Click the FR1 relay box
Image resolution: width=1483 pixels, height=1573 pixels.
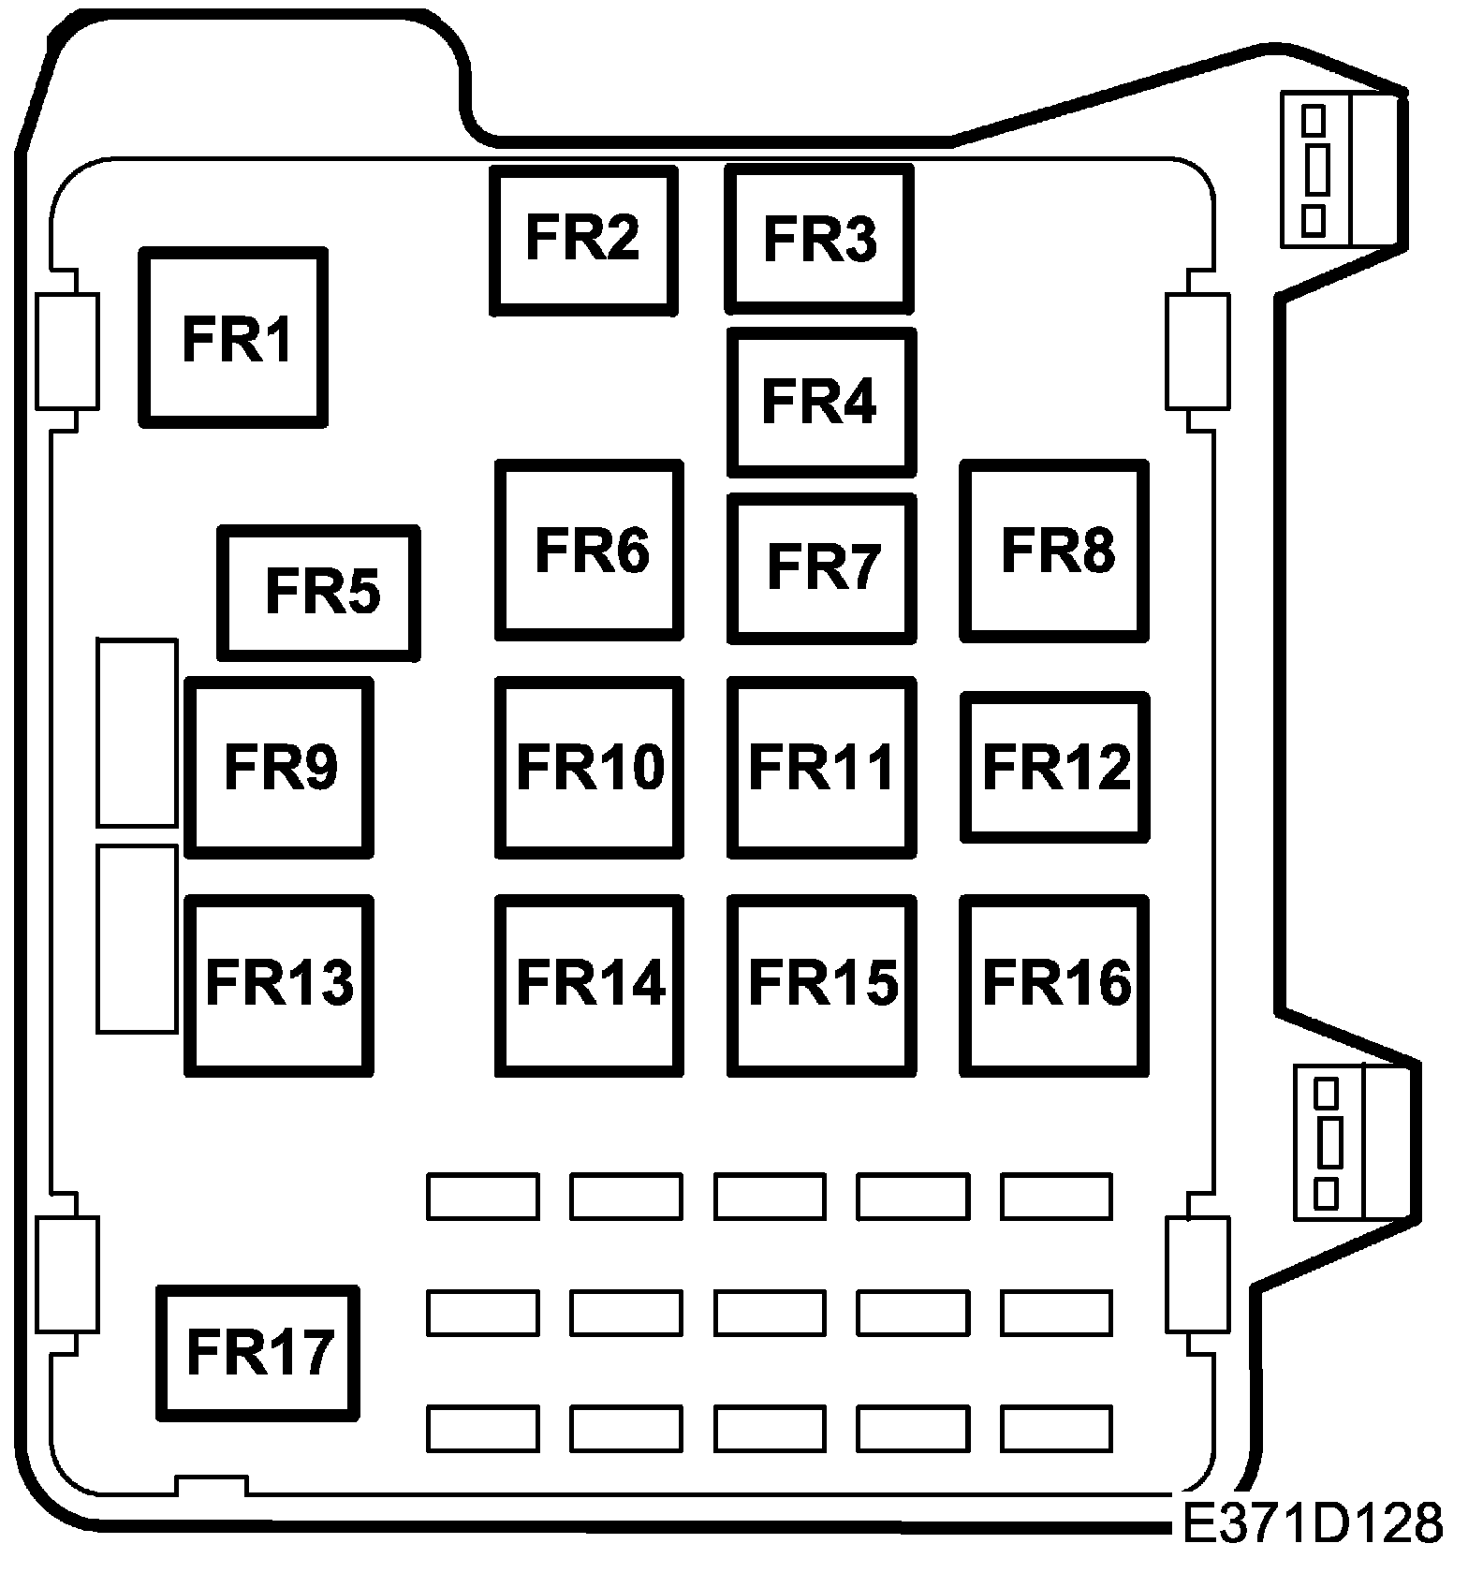click(x=233, y=338)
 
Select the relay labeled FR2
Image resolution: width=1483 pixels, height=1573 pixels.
click(x=583, y=240)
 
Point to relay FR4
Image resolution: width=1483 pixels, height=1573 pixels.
click(x=821, y=402)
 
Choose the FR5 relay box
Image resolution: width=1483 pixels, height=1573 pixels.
click(x=318, y=592)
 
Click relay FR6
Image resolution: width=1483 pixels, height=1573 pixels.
click(x=589, y=551)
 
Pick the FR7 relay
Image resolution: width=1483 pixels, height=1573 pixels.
click(x=821, y=567)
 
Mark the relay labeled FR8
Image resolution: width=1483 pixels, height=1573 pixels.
click(x=1054, y=551)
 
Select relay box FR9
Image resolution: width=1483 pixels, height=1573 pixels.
click(x=279, y=767)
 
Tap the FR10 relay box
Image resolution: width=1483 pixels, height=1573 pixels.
click(x=589, y=767)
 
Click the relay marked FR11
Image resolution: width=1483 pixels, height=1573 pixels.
click(x=821, y=767)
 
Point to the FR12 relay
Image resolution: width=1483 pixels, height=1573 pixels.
click(x=1055, y=767)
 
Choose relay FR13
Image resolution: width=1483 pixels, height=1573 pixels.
click(x=279, y=984)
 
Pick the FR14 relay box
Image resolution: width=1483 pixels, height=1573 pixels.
click(x=589, y=984)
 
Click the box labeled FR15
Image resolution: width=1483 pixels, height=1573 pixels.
click(x=821, y=984)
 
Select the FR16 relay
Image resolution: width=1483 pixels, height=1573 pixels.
click(x=1054, y=984)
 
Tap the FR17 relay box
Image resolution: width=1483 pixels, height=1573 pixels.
click(x=258, y=1353)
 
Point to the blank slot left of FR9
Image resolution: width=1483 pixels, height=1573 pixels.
click(x=137, y=733)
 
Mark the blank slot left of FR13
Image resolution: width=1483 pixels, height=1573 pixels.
click(x=137, y=939)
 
